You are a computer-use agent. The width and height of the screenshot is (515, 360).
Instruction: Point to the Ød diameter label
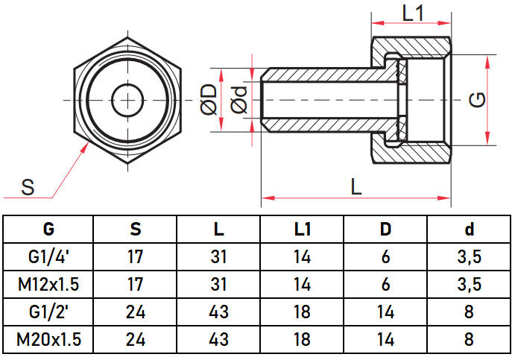point(239,100)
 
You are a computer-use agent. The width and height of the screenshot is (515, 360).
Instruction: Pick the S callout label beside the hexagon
point(28,188)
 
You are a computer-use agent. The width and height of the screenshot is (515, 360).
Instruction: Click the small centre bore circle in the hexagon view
point(127,99)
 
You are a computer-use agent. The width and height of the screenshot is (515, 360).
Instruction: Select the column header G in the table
point(49,229)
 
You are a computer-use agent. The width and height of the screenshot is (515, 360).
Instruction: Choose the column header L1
point(302,229)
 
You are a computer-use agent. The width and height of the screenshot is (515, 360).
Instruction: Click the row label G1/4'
point(49,257)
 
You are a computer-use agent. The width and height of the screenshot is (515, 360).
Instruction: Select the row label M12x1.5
point(49,285)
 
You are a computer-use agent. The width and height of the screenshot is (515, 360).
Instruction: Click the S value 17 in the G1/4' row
point(135,257)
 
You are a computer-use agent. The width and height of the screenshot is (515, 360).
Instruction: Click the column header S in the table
point(135,229)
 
